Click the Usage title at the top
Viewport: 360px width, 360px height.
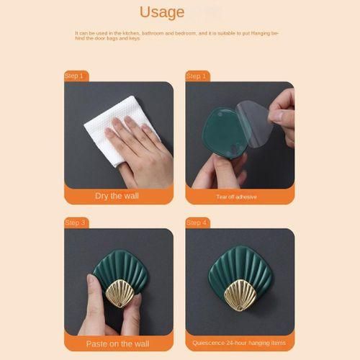click(162, 12)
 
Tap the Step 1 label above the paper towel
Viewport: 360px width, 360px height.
click(74, 76)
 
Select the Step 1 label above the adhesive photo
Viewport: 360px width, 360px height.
click(196, 76)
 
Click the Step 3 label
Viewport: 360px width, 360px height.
click(75, 222)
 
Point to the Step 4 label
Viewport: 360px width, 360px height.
click(197, 222)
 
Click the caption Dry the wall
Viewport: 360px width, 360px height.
click(117, 196)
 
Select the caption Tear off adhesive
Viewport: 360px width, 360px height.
click(237, 197)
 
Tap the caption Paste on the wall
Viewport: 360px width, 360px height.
click(117, 344)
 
